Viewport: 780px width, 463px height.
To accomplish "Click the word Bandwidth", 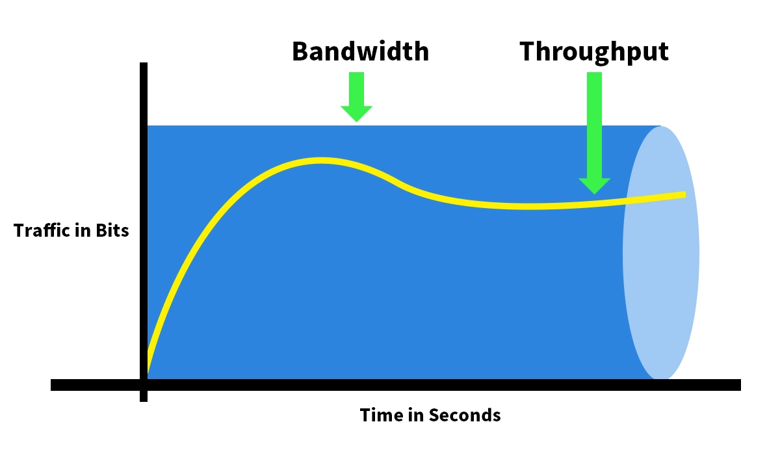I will point(360,51).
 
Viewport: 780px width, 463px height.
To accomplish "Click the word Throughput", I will point(594,51).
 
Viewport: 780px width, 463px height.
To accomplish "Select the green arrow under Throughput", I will point(594,130).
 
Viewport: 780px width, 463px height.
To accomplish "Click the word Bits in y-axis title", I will point(113,231).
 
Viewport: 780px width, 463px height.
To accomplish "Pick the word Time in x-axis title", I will point(379,415).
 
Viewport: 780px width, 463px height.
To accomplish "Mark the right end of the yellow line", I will point(684,194).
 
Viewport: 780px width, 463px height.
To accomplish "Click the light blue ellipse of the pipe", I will point(661,254).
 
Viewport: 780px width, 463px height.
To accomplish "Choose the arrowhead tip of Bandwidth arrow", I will point(356,122).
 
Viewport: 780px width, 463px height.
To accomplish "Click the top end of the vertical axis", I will point(144,64).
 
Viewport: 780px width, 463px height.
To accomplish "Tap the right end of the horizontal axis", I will point(739,385).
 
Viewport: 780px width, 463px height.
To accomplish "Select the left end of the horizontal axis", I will point(53,385).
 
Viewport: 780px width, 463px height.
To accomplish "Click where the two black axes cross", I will point(144,385).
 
